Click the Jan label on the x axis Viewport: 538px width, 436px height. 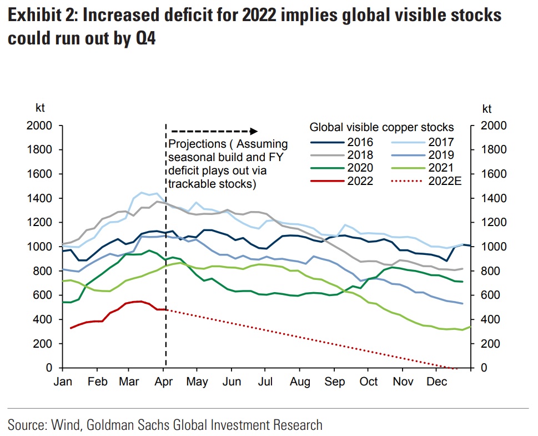pos(63,382)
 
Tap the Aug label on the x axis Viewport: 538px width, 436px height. pos(300,382)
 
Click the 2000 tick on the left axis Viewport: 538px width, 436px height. pos(41,126)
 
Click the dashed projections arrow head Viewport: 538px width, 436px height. pos(254,131)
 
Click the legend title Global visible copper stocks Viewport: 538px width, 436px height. pos(381,127)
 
